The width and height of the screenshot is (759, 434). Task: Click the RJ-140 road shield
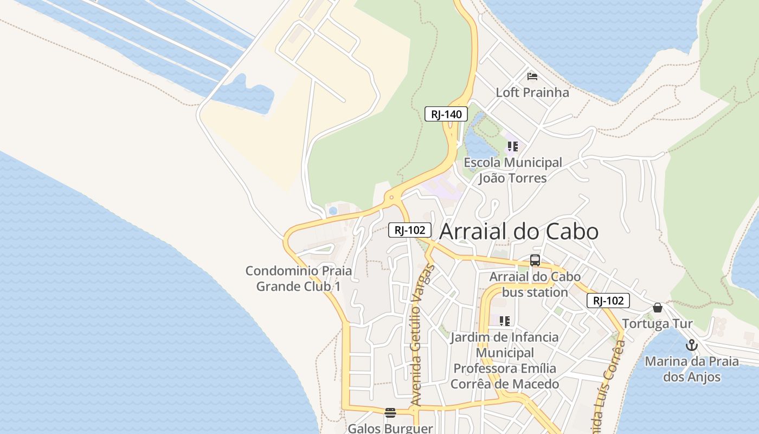coord(446,114)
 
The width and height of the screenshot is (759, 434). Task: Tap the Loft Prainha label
coord(532,92)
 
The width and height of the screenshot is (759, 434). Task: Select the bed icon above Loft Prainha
coord(532,76)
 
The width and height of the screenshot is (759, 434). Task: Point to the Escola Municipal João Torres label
coord(512,170)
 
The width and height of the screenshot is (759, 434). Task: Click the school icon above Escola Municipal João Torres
coord(512,146)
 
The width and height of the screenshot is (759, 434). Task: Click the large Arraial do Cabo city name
coord(519,232)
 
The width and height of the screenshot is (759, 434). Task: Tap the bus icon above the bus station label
coord(535,260)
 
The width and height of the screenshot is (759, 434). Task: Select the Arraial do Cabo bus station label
coord(535,284)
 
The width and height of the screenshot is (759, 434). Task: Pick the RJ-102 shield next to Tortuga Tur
coord(608,301)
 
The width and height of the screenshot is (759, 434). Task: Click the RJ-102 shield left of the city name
coord(410,230)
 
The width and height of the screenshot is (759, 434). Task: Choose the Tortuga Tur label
coord(657,324)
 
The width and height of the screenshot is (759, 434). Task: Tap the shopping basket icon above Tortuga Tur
coord(658,308)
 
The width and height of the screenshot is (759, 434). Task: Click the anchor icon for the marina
coord(691,345)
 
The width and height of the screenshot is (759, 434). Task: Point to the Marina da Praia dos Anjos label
coord(691,369)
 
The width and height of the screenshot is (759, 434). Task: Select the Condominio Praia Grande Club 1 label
coord(299,278)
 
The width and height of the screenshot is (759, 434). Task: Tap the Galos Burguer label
coord(390,428)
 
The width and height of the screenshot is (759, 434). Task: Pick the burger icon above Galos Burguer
coord(390,413)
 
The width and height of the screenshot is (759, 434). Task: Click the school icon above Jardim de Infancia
coord(505,321)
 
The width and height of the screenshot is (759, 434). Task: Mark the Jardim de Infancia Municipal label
coord(505,360)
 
